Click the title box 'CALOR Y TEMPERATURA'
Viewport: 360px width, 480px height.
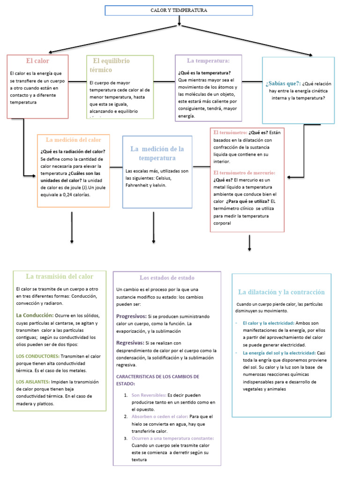179,10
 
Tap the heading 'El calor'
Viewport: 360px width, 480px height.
37,61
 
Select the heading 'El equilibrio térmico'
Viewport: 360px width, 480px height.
112,65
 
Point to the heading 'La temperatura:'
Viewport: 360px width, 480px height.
208,61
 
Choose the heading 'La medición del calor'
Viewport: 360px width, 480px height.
74,140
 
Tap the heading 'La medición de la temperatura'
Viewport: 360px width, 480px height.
157,153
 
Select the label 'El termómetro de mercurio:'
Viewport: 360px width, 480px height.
244,173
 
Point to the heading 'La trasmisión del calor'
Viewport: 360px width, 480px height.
60,277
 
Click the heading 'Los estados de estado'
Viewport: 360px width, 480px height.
167,277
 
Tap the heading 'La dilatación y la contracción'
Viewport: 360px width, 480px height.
281,292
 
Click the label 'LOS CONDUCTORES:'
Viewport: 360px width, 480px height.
37,356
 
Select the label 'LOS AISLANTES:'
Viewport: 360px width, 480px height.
33,382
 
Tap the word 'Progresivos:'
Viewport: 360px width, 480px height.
131,316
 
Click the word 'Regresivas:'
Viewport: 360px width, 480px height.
130,343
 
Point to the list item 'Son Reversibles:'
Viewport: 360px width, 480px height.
149,395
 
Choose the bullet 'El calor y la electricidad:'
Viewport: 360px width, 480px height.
269,323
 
